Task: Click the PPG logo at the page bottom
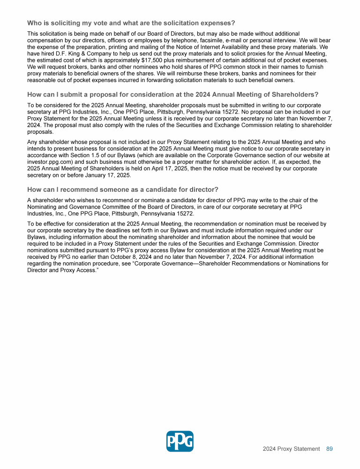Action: coord(180,441)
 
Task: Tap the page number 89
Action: coord(330,449)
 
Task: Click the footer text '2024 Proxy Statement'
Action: coord(291,449)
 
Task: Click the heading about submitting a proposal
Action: coord(172,94)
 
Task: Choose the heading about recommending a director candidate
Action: coord(123,189)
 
